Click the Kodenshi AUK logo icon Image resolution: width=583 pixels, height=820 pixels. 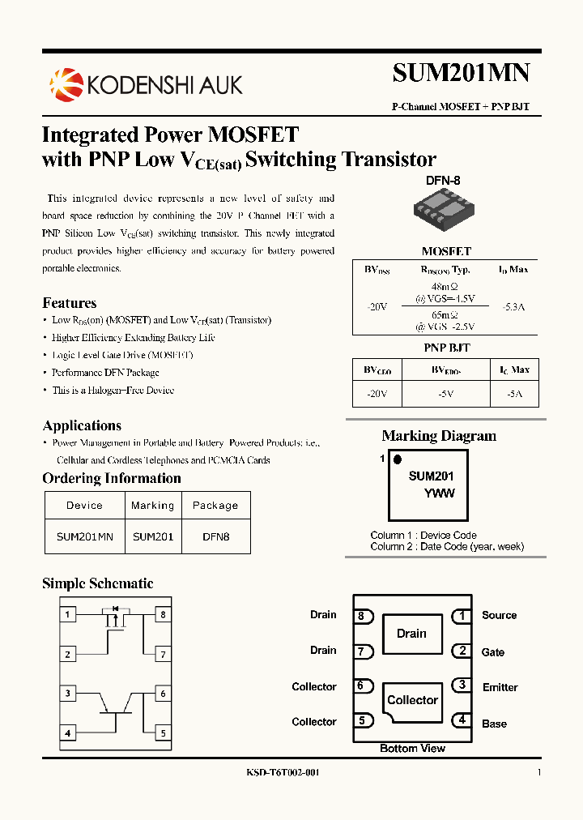[66, 84]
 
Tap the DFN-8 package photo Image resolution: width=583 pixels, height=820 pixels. [442, 208]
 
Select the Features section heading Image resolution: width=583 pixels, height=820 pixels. [70, 303]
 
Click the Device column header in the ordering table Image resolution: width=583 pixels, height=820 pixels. [84, 506]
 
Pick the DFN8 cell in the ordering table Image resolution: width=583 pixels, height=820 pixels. [215, 536]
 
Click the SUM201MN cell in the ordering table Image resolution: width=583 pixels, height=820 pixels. [84, 536]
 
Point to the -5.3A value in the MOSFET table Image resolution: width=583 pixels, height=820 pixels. [513, 307]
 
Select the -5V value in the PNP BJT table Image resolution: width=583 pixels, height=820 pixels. [446, 393]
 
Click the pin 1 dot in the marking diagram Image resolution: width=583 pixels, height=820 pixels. [397, 459]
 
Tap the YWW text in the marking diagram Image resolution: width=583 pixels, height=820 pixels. [440, 493]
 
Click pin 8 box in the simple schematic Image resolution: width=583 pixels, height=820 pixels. [163, 615]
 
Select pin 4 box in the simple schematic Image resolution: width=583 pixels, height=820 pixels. [68, 733]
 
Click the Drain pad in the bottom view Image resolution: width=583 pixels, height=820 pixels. [411, 634]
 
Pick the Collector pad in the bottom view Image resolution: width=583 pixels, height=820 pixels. [412, 700]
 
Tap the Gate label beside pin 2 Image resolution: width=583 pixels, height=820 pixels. [493, 652]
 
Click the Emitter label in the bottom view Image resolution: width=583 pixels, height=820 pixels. [500, 687]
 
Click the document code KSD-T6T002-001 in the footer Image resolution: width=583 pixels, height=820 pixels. [283, 773]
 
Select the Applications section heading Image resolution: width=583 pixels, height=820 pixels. [82, 425]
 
